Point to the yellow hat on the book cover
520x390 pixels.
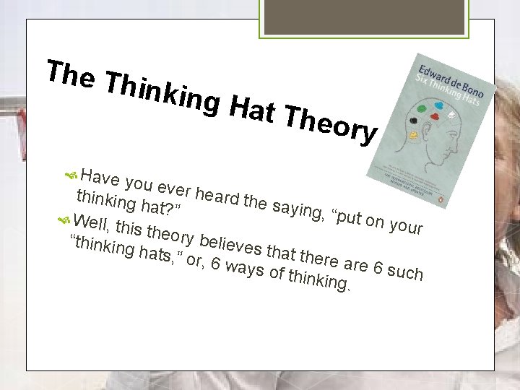pyautogui.click(x=413, y=134)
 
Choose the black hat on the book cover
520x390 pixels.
pyautogui.click(x=414, y=119)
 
